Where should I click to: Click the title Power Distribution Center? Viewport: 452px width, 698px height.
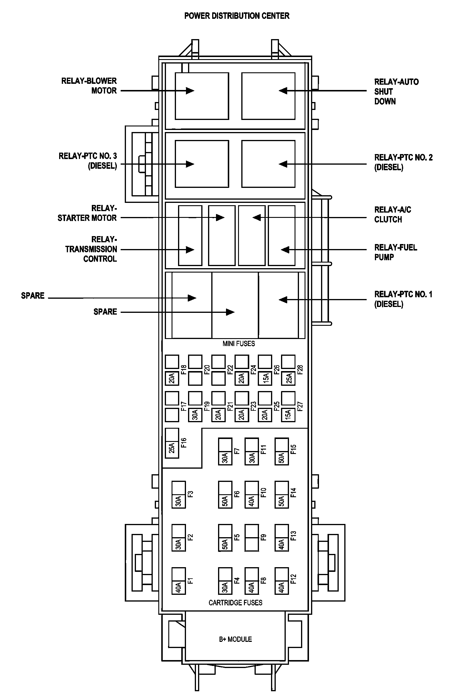(237, 16)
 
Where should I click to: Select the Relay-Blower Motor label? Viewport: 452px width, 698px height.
(89, 86)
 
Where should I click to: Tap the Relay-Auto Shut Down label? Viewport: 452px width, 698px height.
(396, 91)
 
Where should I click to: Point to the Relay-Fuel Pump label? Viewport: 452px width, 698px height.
(395, 252)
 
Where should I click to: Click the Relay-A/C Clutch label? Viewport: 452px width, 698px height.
(393, 214)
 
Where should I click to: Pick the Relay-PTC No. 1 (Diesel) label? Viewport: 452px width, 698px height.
(403, 299)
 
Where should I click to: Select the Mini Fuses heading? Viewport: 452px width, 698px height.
(239, 343)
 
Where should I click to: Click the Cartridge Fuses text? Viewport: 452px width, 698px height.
(235, 603)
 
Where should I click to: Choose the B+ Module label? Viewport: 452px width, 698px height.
(235, 639)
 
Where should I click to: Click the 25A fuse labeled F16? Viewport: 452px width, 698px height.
(172, 447)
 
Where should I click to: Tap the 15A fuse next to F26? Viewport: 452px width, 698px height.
(265, 378)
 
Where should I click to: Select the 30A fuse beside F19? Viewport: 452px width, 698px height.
(195, 415)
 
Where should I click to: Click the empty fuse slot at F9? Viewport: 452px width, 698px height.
(252, 537)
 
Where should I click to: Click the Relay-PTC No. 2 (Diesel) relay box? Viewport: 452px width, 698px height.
(268, 164)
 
